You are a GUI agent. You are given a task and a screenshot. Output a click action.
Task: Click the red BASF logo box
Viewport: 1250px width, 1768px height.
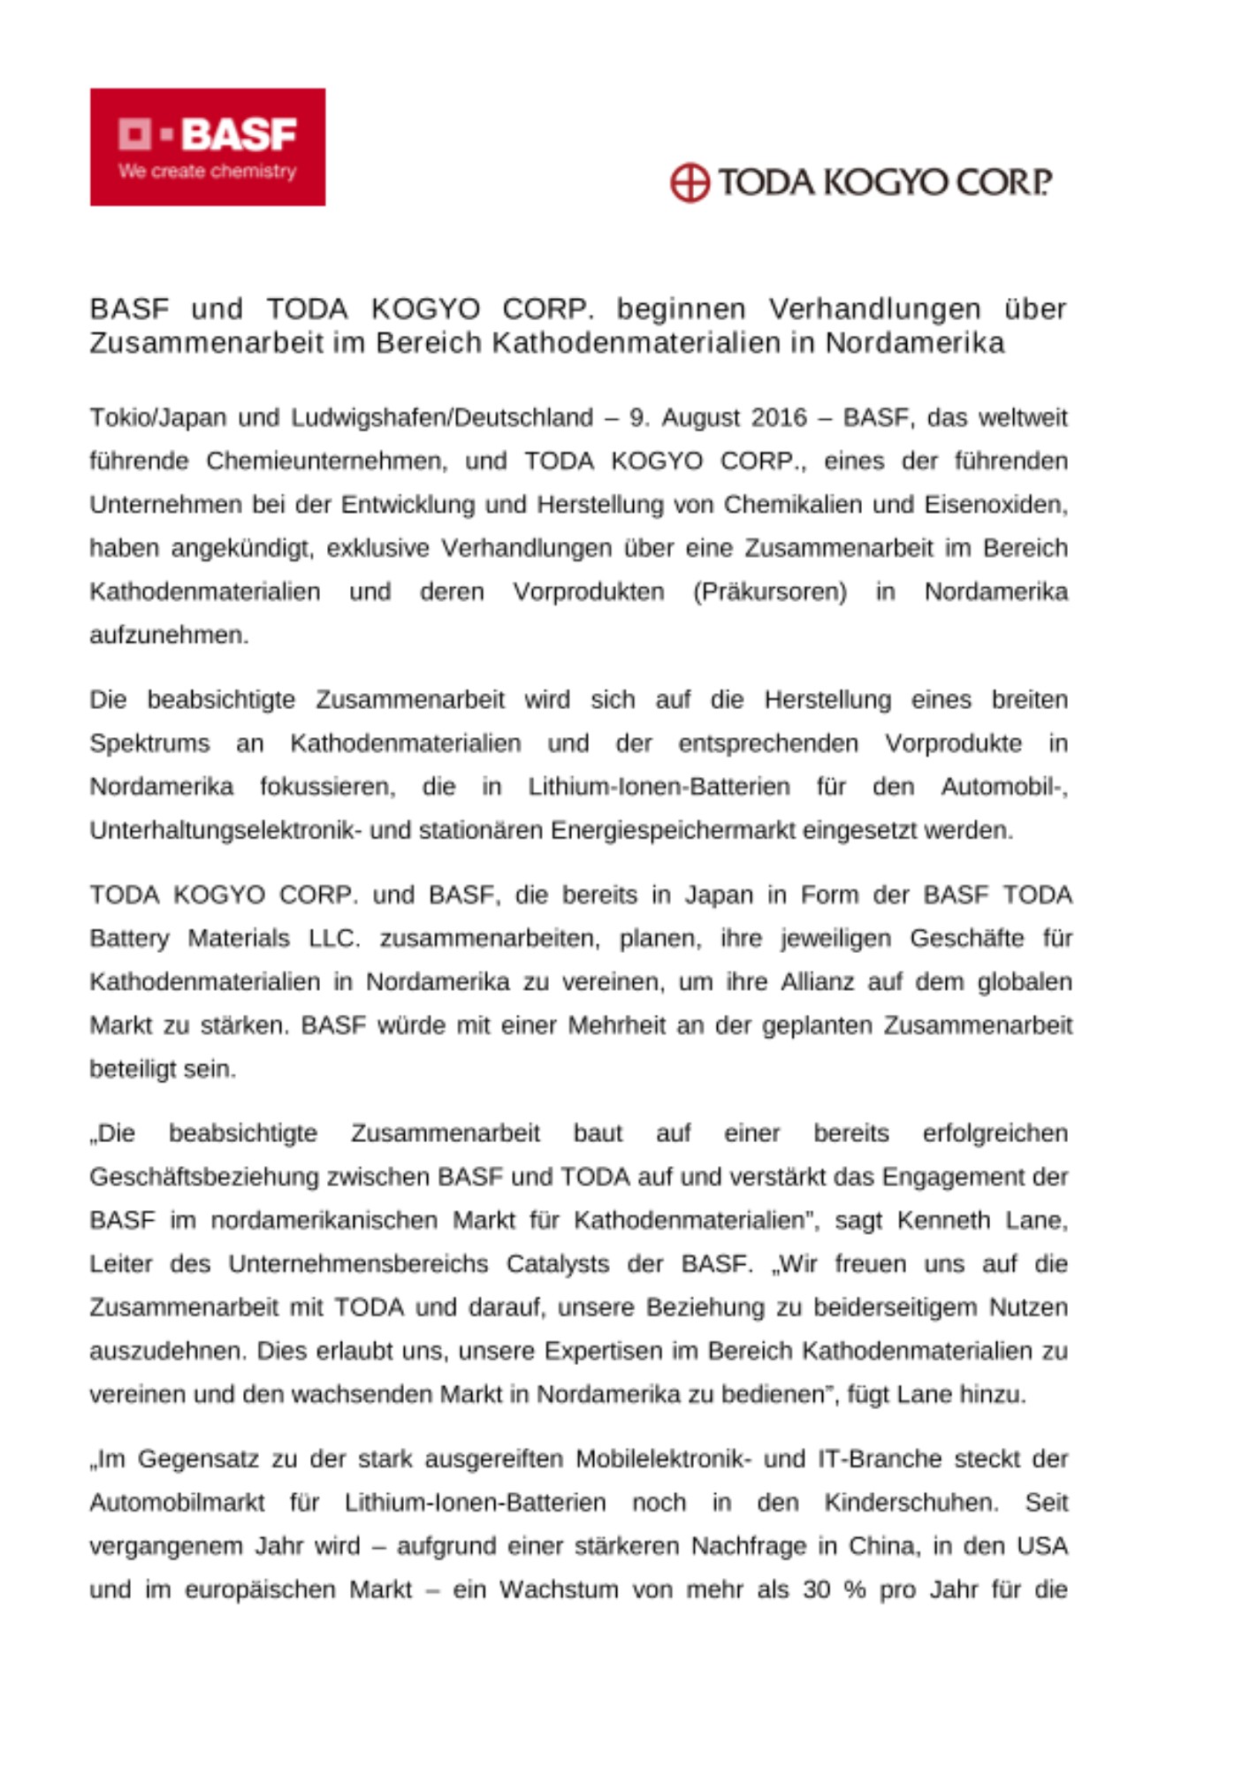(207, 147)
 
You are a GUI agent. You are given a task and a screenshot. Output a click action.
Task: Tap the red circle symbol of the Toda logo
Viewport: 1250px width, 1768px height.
(689, 183)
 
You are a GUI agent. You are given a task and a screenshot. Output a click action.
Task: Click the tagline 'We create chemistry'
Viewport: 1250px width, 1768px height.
(207, 171)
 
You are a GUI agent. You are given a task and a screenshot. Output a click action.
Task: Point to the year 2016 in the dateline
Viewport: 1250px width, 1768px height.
(779, 417)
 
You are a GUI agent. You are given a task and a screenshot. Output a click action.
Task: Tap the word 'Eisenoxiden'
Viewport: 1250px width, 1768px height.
(995, 505)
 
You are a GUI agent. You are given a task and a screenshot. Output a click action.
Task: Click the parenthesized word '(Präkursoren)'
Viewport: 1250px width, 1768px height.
(769, 591)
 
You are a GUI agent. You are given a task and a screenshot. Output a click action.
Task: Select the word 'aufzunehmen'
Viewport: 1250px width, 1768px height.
(168, 635)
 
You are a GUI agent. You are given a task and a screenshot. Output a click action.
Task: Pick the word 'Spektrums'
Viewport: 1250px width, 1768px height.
(149, 743)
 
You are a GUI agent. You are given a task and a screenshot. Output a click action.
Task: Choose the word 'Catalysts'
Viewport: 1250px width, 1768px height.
(558, 1264)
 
